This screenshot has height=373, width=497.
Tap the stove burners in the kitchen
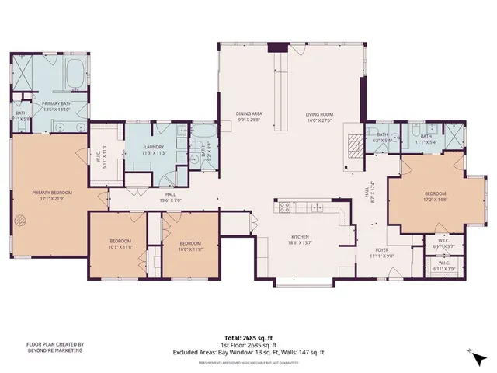tap(284, 207)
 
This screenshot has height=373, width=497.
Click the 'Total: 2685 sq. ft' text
tap(248, 339)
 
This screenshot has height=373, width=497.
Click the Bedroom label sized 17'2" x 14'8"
tap(435, 196)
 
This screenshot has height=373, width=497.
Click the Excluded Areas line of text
tap(248, 353)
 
